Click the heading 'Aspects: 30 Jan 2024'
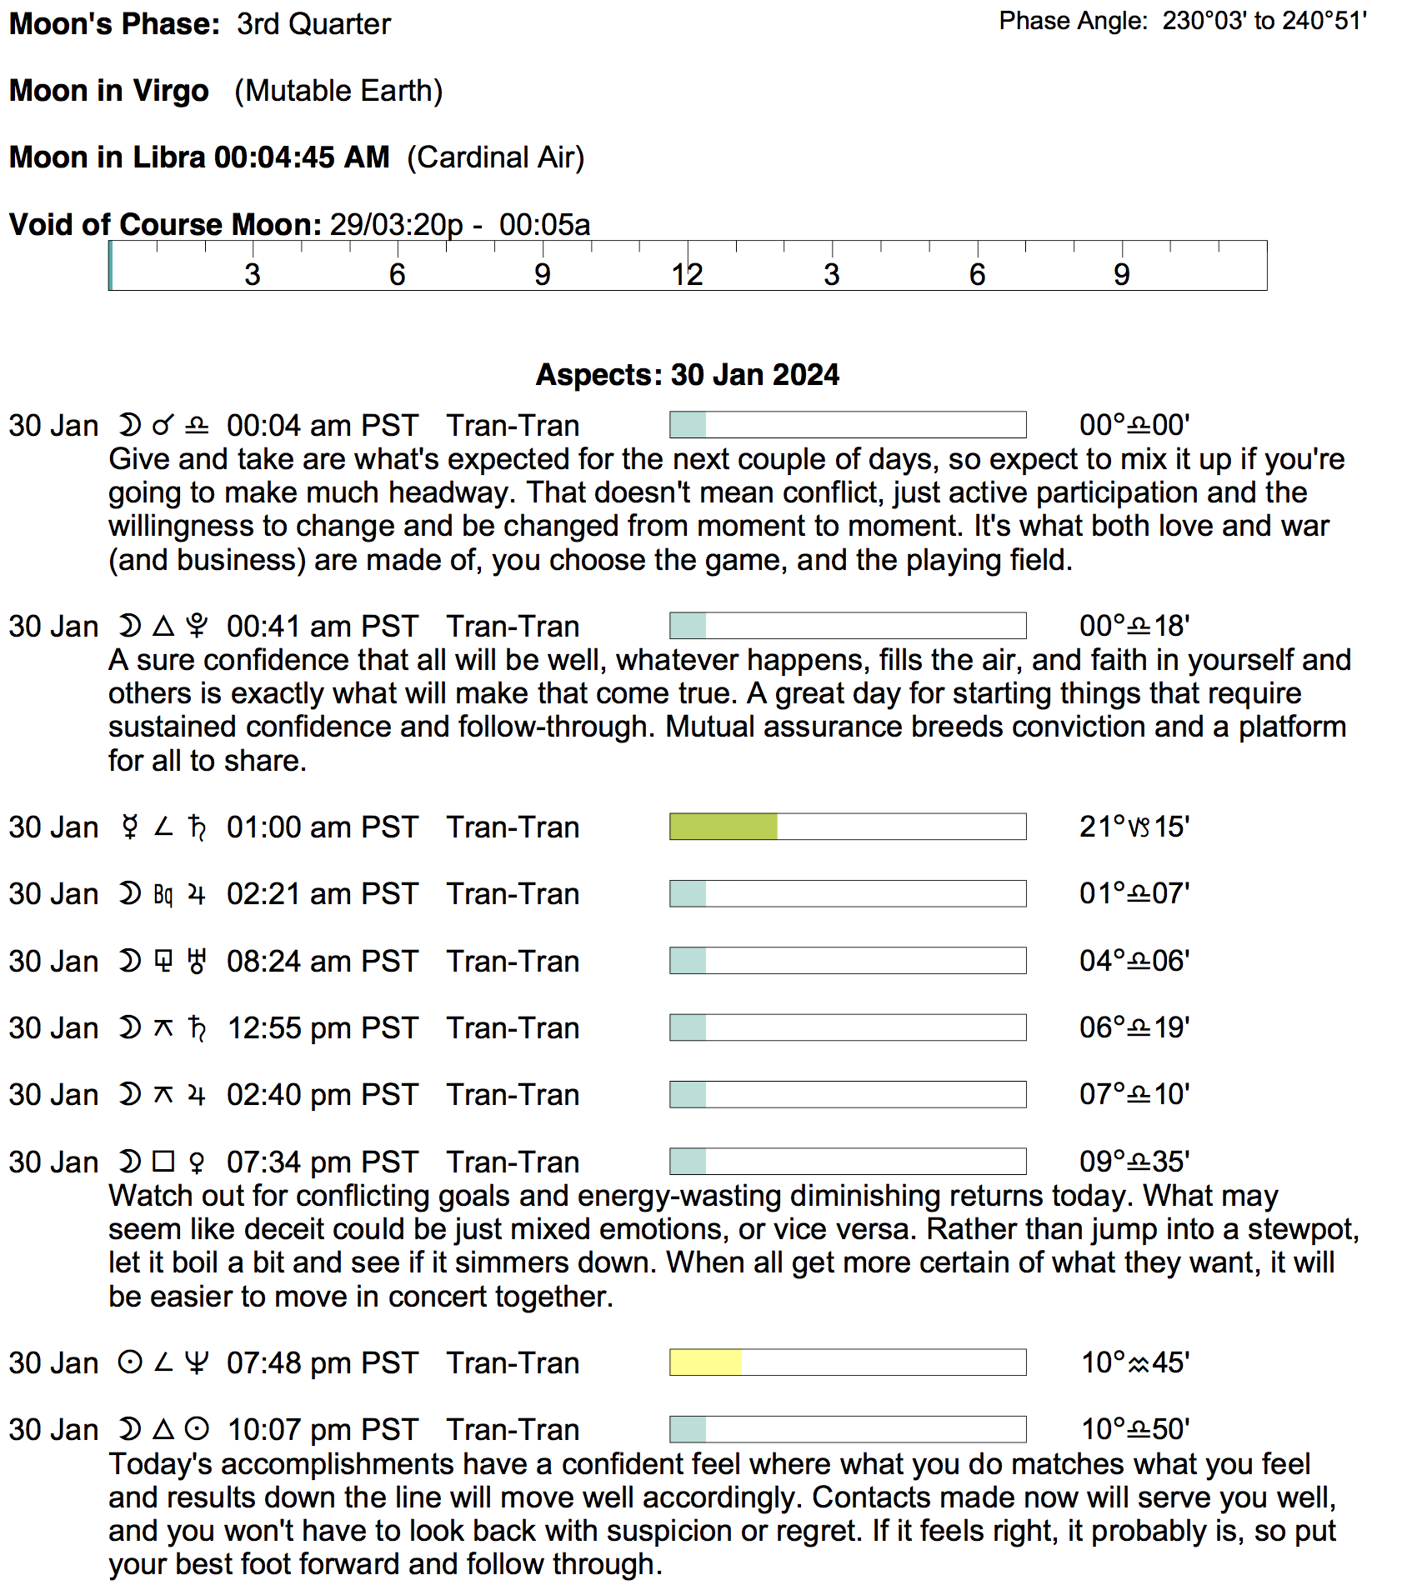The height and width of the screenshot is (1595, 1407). click(x=687, y=375)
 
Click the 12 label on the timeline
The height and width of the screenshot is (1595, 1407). click(x=687, y=274)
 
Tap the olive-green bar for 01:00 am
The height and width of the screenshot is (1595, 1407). click(x=724, y=827)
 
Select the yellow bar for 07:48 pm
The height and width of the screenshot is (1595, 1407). click(x=705, y=1362)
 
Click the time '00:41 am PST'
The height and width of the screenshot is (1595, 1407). click(x=322, y=627)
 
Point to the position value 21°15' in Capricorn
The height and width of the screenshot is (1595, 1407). click(x=1134, y=827)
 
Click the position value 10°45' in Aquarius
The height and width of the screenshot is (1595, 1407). click(x=1134, y=1362)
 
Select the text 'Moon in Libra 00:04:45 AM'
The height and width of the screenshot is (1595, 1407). click(x=199, y=157)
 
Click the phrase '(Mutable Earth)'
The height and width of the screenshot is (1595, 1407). click(x=338, y=91)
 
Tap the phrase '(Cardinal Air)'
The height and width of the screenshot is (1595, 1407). click(x=496, y=157)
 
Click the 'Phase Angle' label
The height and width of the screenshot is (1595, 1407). click(x=1074, y=21)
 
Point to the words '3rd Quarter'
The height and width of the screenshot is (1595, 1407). click(x=313, y=24)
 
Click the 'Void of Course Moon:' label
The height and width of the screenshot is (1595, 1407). click(x=165, y=225)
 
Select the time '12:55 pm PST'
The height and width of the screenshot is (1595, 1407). click(x=322, y=1028)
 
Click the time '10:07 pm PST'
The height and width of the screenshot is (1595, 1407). click(x=322, y=1430)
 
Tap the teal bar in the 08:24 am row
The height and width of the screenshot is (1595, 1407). click(x=688, y=961)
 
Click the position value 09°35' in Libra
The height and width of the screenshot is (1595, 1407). click(x=1134, y=1162)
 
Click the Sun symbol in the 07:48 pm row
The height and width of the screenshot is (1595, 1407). click(x=129, y=1362)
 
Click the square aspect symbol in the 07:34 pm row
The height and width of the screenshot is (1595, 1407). click(x=163, y=1162)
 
